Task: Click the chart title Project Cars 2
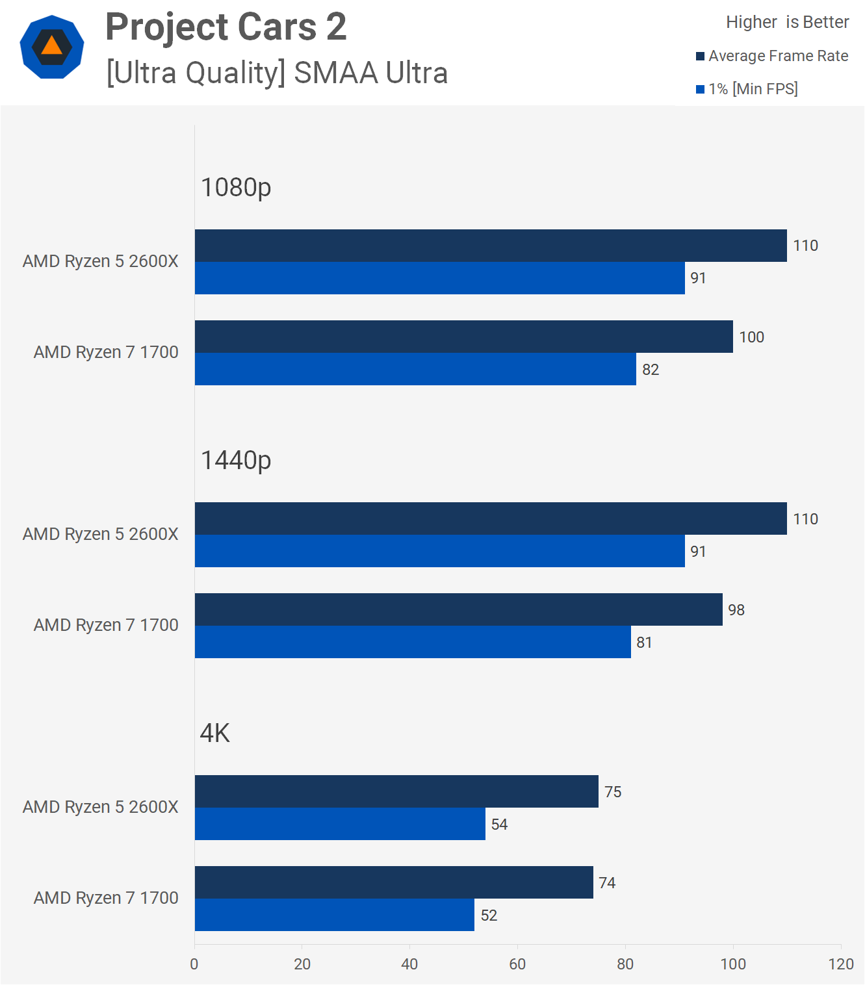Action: (226, 27)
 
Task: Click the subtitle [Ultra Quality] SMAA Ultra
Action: (277, 73)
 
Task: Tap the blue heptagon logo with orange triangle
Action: (52, 47)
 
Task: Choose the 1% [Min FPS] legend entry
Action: (747, 89)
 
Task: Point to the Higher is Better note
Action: (787, 22)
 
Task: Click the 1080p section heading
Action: (236, 188)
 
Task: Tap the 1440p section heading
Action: (236, 461)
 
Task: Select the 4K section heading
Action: (215, 734)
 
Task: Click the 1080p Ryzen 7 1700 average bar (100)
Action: (463, 337)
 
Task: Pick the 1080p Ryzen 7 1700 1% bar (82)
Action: (415, 369)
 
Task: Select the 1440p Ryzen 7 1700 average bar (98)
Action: (458, 609)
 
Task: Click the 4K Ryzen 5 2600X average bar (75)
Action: (396, 791)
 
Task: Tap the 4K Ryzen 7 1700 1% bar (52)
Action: (334, 915)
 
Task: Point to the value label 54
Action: (499, 825)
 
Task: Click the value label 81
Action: (644, 643)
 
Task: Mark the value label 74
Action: (607, 883)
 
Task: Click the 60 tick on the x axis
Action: (517, 964)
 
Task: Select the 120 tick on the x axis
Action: (841, 964)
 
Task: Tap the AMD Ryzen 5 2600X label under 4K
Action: (101, 807)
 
